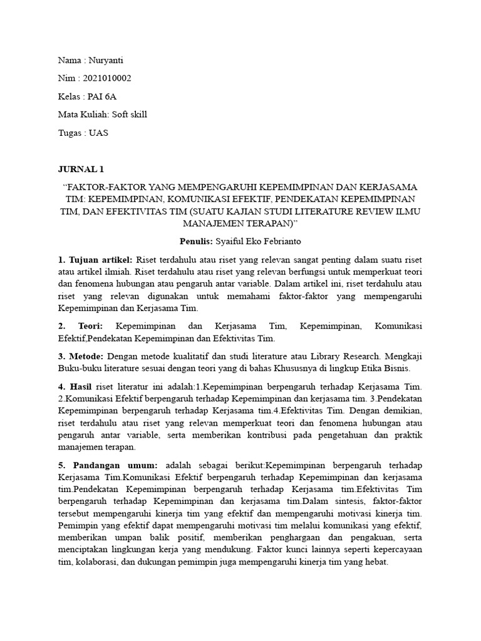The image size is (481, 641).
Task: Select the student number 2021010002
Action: coord(106,78)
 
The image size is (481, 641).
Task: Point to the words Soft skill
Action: coord(130,115)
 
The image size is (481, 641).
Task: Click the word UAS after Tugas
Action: coord(98,133)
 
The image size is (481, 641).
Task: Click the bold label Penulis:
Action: coord(196,241)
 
